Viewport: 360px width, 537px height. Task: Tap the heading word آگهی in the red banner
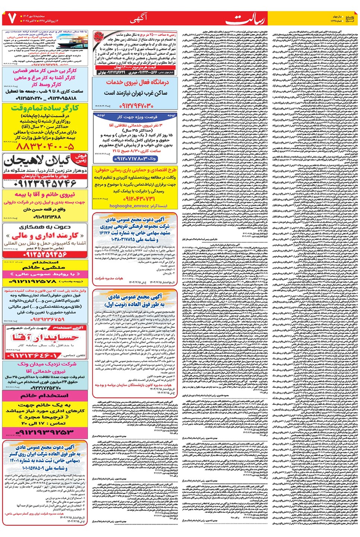[139, 18]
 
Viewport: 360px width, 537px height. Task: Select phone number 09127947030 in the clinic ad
[136, 106]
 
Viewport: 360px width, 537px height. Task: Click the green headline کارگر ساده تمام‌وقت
[45, 108]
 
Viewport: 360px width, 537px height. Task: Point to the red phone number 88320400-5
[45, 147]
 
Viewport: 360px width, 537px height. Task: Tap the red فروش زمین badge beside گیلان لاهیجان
[81, 158]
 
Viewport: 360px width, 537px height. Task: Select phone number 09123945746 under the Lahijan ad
[45, 183]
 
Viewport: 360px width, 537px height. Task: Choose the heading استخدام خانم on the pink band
[45, 395]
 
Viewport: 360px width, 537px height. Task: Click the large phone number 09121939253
[45, 433]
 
